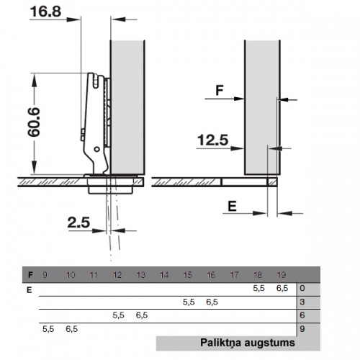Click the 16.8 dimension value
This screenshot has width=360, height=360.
point(45,12)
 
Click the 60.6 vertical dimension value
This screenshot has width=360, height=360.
point(34,122)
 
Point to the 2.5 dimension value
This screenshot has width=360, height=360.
point(78,222)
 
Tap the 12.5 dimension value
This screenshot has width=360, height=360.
point(212,140)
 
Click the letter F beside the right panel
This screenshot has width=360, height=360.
point(220,91)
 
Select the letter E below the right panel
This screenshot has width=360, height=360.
point(232,206)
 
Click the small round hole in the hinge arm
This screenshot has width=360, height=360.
point(96,149)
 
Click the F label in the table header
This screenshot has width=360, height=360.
point(30,275)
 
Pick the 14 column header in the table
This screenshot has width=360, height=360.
point(164,275)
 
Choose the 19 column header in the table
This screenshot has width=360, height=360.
point(282,275)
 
